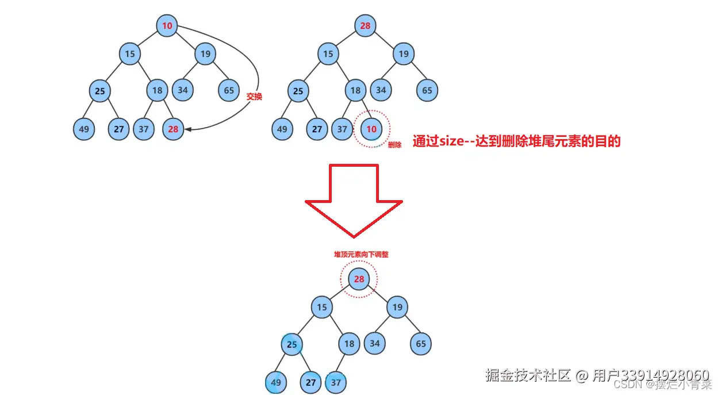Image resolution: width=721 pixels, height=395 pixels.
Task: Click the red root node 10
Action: (x=167, y=25)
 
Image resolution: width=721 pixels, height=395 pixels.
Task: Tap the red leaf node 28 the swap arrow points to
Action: (x=173, y=129)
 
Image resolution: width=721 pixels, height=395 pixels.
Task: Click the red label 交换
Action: (x=254, y=97)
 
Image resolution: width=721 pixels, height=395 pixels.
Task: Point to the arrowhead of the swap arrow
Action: (x=189, y=129)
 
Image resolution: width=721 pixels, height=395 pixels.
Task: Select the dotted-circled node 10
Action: (x=371, y=129)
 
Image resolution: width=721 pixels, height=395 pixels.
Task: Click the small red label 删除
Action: (x=394, y=145)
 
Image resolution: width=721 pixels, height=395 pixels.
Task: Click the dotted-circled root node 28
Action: (x=359, y=279)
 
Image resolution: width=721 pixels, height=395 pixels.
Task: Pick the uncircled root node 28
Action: (x=365, y=25)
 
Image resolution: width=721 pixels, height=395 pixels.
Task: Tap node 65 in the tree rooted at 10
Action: (x=229, y=90)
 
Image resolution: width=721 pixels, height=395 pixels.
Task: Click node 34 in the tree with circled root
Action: (x=375, y=344)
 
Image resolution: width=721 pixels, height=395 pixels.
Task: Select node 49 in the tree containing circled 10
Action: (x=282, y=129)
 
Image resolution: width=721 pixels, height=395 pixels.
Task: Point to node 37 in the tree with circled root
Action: (x=336, y=382)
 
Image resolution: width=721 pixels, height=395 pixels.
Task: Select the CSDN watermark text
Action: (x=632, y=384)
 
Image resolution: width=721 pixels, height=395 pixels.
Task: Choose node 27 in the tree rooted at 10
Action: (x=119, y=129)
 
